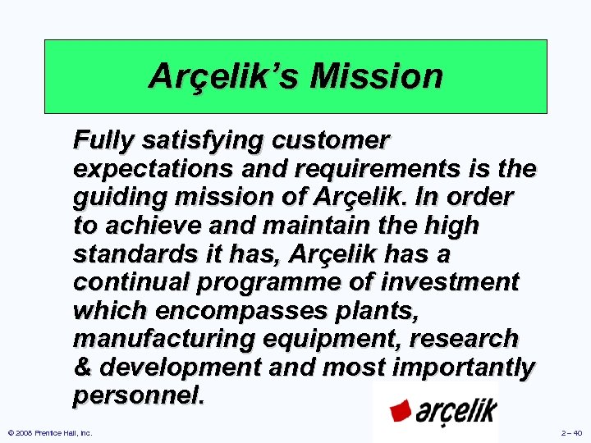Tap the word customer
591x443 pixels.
coord(334,141)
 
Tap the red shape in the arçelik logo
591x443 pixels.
coord(400,409)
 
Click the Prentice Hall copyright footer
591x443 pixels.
coord(49,432)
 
